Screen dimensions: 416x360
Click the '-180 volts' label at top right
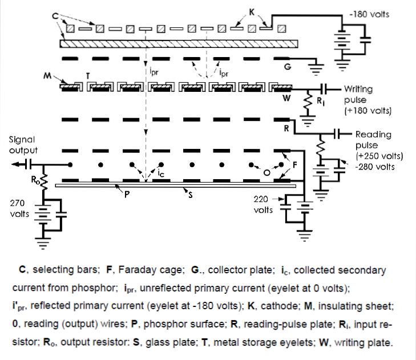pos(369,14)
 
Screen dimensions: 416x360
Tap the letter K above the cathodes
pos(252,12)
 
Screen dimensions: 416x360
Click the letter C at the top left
pos(55,16)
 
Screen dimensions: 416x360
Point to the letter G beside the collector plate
pos(288,66)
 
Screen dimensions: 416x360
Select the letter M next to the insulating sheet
pos(47,76)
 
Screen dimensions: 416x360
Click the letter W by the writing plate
pos(286,98)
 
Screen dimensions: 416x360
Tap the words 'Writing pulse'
pos(358,95)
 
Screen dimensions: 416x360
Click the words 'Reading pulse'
pos(373,140)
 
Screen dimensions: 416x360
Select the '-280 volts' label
pos(375,167)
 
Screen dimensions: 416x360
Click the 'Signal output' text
pos(23,145)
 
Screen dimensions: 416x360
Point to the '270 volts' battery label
pos(19,208)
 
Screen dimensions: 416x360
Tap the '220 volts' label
pos(263,205)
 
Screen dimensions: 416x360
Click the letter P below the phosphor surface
pos(127,195)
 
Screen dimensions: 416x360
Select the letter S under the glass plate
pos(190,196)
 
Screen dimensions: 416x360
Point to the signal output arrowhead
pos(15,164)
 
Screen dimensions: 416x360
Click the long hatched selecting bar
pos(179,44)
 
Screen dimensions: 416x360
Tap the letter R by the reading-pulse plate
pos(286,129)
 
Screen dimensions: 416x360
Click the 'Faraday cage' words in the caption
pos(151,270)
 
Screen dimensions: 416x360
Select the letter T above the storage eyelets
pos(88,76)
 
